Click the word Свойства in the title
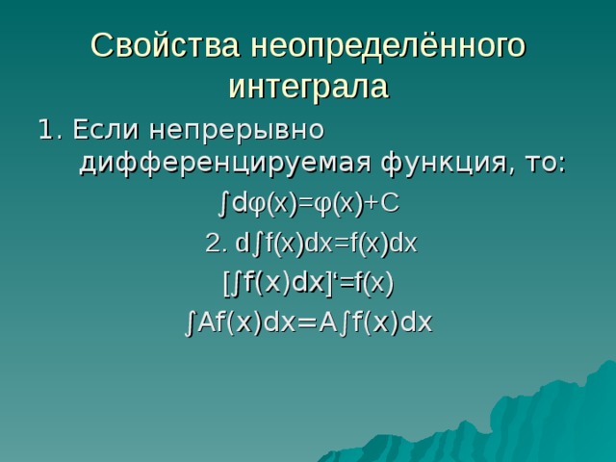(x=165, y=45)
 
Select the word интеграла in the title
(x=308, y=87)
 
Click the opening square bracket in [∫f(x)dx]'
(x=226, y=283)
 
